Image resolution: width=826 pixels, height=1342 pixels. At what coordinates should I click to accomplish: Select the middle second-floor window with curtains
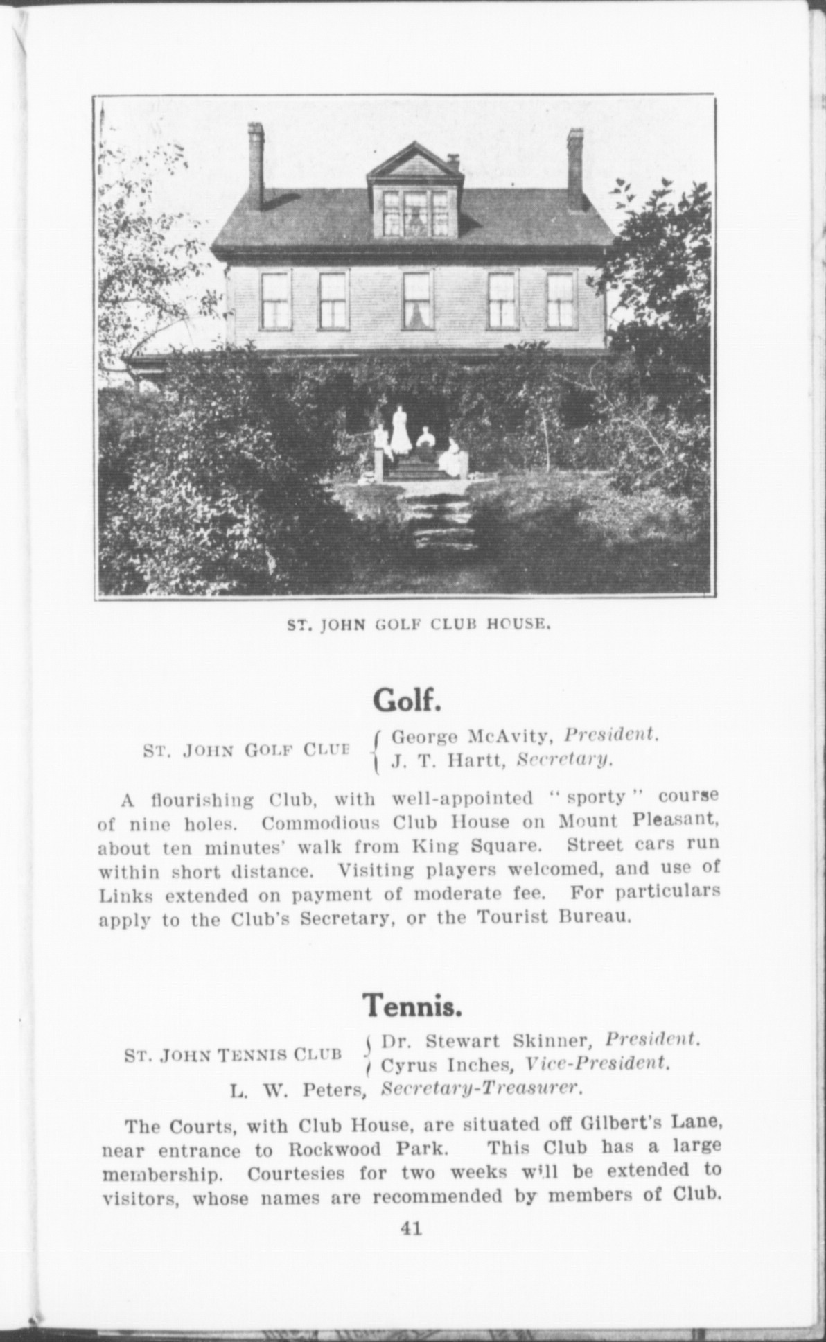tap(417, 301)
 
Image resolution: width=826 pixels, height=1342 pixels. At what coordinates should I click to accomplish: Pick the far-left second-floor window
tap(276, 301)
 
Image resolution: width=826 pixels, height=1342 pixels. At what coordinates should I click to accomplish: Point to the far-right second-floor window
tap(561, 301)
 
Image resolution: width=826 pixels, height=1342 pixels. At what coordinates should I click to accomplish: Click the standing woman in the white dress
tap(401, 432)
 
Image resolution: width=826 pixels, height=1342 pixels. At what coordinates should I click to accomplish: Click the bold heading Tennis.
tap(412, 1004)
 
